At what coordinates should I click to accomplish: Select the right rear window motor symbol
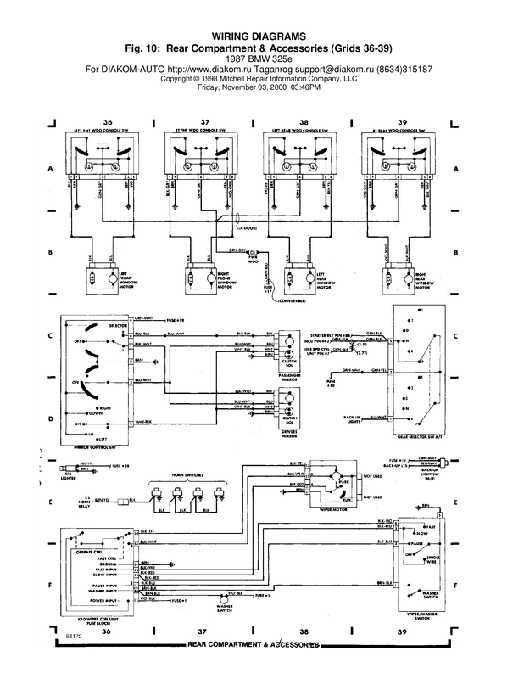click(395, 278)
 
